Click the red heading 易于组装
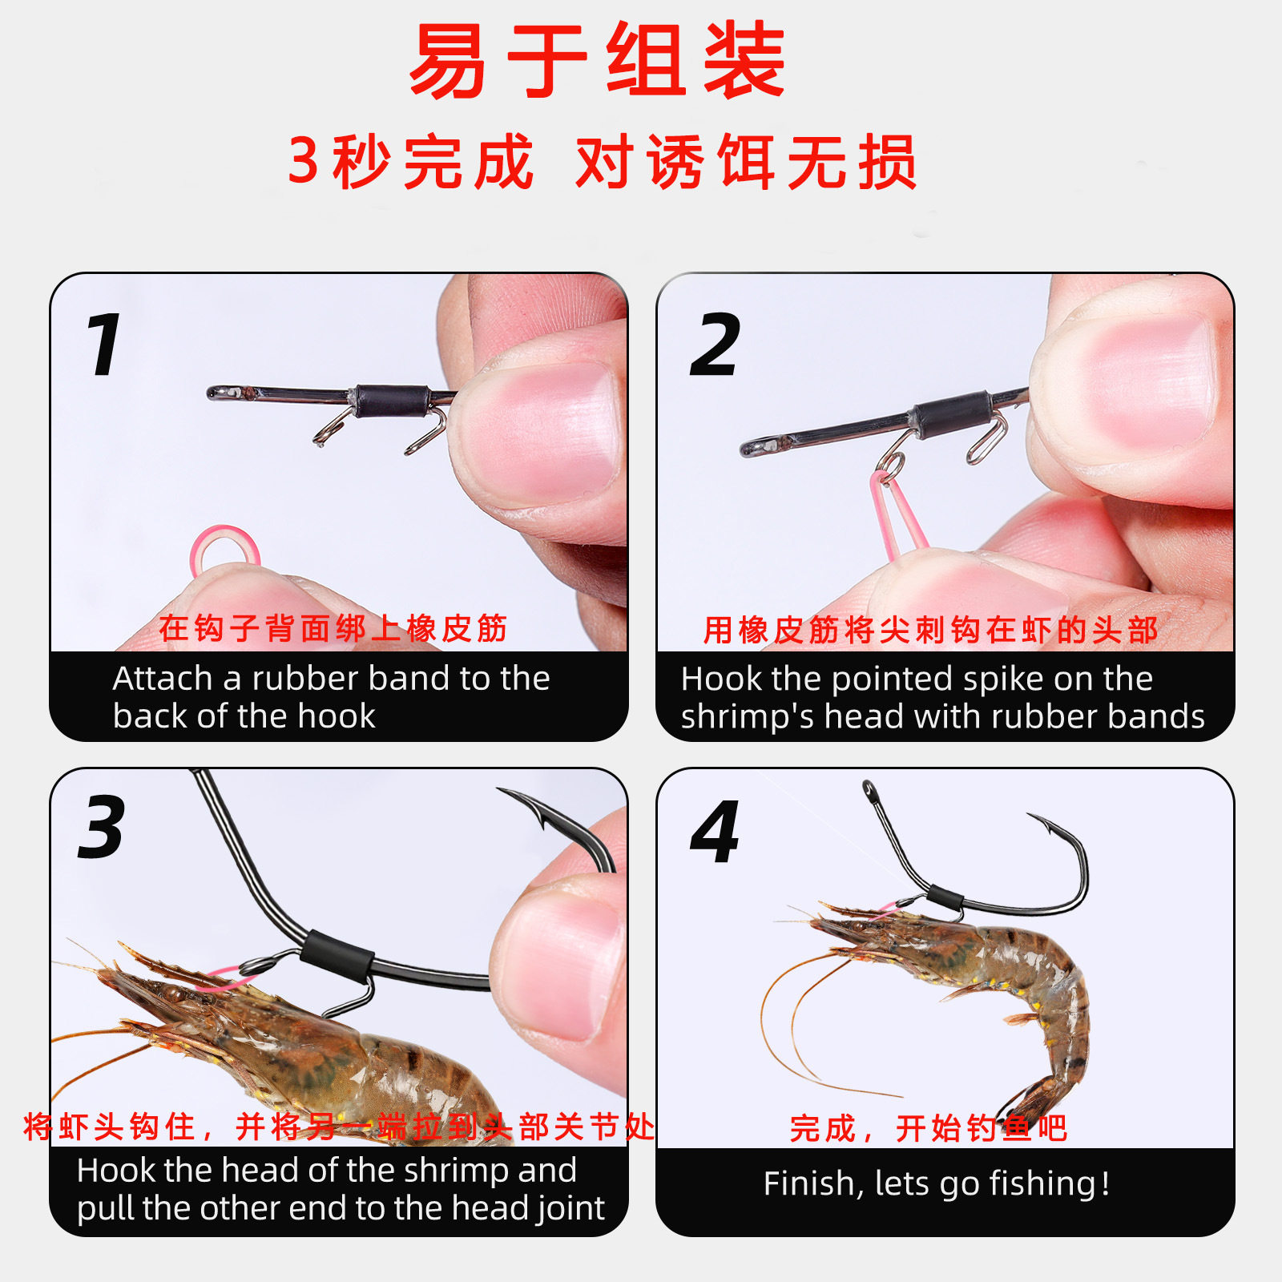click(598, 60)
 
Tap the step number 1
click(104, 345)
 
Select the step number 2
click(715, 345)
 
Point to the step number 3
click(102, 827)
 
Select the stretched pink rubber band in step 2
click(897, 513)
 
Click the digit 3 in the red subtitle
click(304, 161)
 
